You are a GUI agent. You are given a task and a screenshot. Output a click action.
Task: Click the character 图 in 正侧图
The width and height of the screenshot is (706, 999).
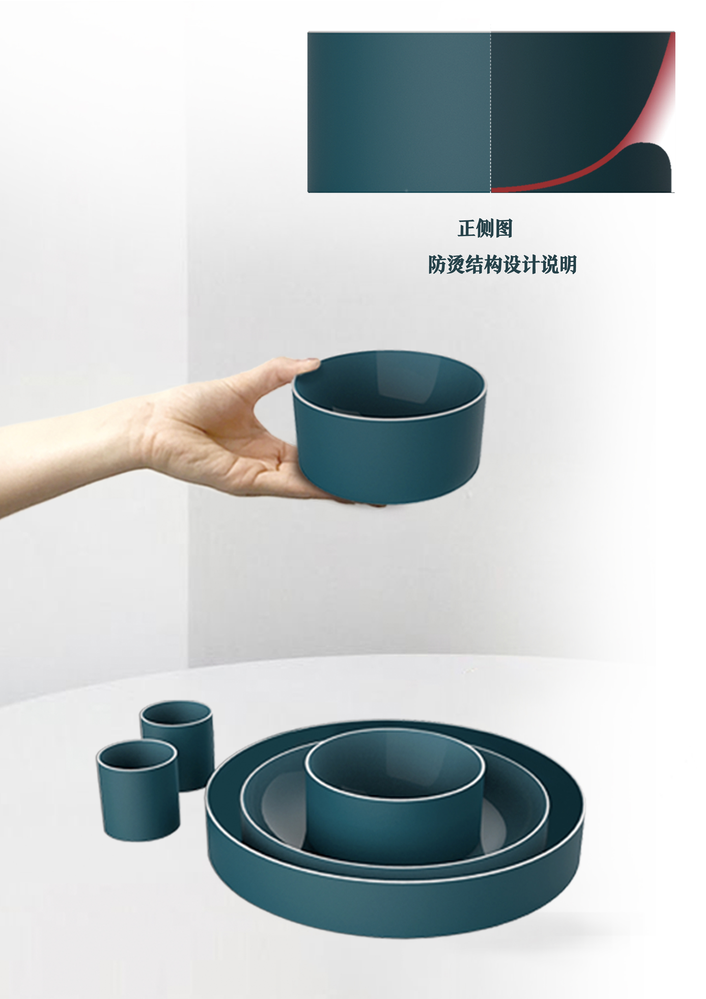coord(503,228)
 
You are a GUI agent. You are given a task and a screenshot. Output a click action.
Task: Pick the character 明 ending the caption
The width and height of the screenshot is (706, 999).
coord(567,265)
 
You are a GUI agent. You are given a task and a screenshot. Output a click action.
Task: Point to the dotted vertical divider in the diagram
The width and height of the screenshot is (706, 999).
coord(491,109)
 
